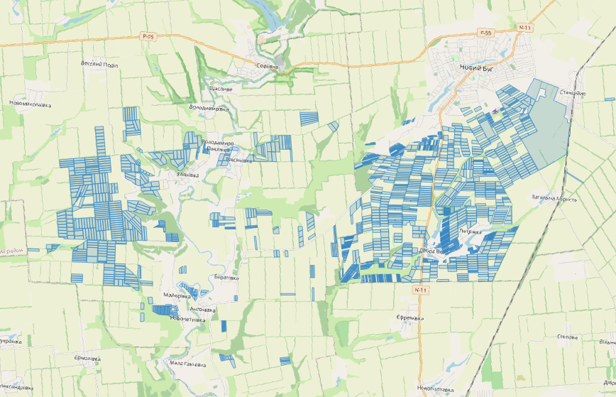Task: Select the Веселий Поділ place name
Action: (x=99, y=64)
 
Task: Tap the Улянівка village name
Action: (x=188, y=173)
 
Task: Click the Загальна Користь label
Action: (x=554, y=198)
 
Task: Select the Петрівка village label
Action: (x=471, y=232)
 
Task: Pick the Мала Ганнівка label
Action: (x=188, y=364)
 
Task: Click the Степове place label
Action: (x=568, y=337)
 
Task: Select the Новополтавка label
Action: (x=436, y=388)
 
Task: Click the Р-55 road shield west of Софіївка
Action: (x=148, y=36)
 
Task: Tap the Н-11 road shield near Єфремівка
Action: (x=420, y=290)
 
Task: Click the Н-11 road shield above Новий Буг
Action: (x=524, y=28)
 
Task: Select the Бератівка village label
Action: (x=226, y=277)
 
